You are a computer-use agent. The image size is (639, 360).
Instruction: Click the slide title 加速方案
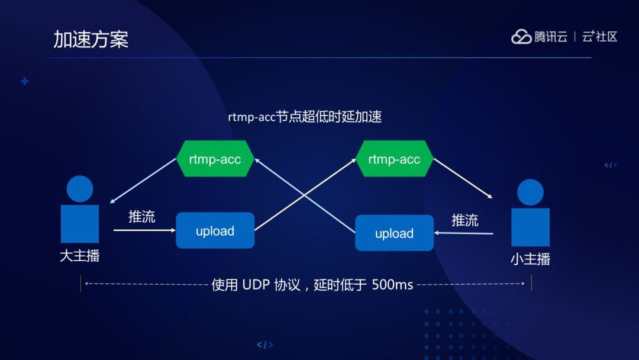tap(91, 39)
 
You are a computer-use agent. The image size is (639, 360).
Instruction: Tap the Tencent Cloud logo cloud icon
tap(521, 37)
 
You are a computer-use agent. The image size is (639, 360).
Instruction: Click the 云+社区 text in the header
tap(599, 37)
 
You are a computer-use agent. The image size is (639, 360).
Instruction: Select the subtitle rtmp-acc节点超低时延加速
tap(305, 117)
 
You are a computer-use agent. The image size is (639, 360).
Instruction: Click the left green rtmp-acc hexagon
tap(215, 159)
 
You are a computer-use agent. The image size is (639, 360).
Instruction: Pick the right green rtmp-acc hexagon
tap(394, 159)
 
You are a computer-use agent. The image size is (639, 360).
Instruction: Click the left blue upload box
tap(215, 231)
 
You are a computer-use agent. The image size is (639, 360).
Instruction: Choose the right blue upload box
tap(394, 233)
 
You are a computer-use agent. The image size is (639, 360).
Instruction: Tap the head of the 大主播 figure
tap(80, 189)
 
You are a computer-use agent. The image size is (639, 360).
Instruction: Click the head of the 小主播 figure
tap(530, 192)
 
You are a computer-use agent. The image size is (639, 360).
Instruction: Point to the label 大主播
tap(80, 256)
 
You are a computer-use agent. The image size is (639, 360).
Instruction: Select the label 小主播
tap(530, 259)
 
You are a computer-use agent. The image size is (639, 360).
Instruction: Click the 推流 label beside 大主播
tap(142, 217)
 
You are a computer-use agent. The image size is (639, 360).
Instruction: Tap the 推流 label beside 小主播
tap(464, 220)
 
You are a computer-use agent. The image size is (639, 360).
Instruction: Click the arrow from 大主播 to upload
tap(144, 230)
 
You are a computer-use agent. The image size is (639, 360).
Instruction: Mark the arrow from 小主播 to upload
tap(464, 233)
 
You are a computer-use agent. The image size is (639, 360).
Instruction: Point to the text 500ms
tap(392, 285)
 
